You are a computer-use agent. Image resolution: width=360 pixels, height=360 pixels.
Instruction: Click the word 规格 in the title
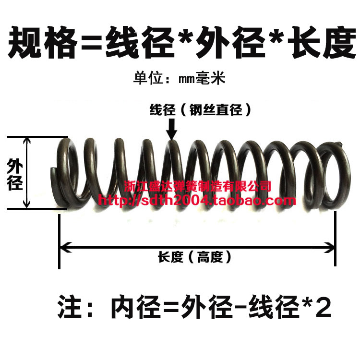[x=44, y=43]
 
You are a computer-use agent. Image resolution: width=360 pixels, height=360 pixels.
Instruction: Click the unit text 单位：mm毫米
[x=179, y=78]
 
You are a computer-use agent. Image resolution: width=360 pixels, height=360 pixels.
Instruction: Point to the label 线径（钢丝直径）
[x=201, y=110]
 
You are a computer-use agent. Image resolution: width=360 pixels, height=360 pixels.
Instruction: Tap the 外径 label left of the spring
[x=14, y=175]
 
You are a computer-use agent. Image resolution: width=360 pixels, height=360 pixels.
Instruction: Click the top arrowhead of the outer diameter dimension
[x=28, y=141]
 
